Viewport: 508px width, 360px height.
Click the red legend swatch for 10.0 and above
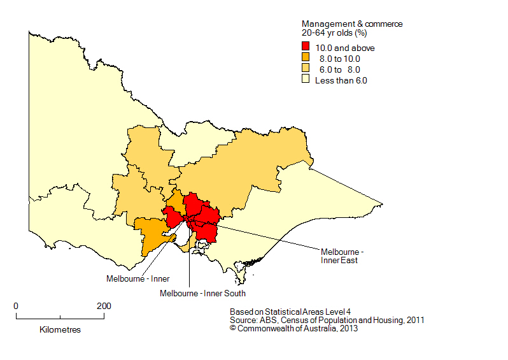pyautogui.click(x=306, y=48)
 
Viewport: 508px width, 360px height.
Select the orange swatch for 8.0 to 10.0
pyautogui.click(x=306, y=59)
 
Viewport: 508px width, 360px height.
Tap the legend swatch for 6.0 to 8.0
pyautogui.click(x=306, y=69)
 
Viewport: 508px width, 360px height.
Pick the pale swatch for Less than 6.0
pyautogui.click(x=306, y=80)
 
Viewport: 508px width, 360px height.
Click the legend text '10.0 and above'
pyautogui.click(x=345, y=48)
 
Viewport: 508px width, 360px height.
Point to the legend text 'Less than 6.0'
pyautogui.click(x=341, y=80)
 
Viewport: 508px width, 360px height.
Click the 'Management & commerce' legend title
pyautogui.click(x=351, y=24)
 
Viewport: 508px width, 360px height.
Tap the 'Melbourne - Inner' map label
pyautogui.click(x=138, y=278)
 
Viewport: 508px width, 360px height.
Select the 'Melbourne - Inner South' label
pyautogui.click(x=202, y=293)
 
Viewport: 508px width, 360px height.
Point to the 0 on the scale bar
pyautogui.click(x=16, y=306)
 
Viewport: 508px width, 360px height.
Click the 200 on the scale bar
pyautogui.click(x=104, y=306)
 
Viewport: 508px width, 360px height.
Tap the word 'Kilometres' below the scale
pyautogui.click(x=60, y=330)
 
